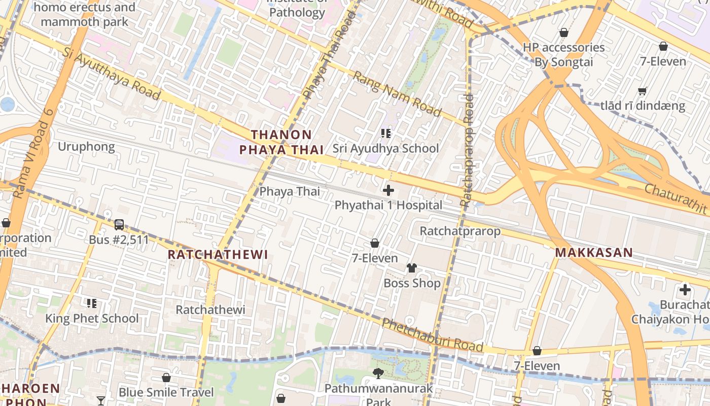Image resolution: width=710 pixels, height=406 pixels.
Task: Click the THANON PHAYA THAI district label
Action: click(x=281, y=142)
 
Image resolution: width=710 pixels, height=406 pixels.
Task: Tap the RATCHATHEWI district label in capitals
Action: click(x=218, y=255)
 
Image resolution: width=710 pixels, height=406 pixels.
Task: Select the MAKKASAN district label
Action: click(x=594, y=253)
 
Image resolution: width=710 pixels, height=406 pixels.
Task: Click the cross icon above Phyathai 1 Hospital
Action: click(x=388, y=190)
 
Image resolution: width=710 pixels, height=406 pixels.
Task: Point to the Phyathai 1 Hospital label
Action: click(x=388, y=206)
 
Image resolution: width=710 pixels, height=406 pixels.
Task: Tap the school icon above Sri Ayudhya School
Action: click(x=385, y=133)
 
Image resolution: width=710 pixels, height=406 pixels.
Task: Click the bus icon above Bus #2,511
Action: click(x=119, y=224)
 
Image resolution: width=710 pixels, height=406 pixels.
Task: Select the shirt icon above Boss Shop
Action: click(x=412, y=268)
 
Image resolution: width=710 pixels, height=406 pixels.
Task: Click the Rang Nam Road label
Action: click(x=397, y=93)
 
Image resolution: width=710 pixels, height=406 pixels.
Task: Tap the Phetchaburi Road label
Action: click(x=432, y=335)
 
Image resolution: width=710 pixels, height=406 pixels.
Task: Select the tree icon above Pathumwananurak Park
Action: click(x=378, y=374)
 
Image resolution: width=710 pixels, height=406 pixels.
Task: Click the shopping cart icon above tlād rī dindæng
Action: click(x=643, y=91)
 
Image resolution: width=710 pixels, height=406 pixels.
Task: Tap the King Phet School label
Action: click(x=92, y=319)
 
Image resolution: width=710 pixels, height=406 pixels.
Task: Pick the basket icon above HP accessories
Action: click(x=564, y=33)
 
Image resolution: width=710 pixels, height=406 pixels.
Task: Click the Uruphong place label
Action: click(x=86, y=147)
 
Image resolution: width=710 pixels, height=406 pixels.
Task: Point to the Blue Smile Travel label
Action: click(x=166, y=392)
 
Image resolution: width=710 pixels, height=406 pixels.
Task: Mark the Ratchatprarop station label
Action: click(x=460, y=231)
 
